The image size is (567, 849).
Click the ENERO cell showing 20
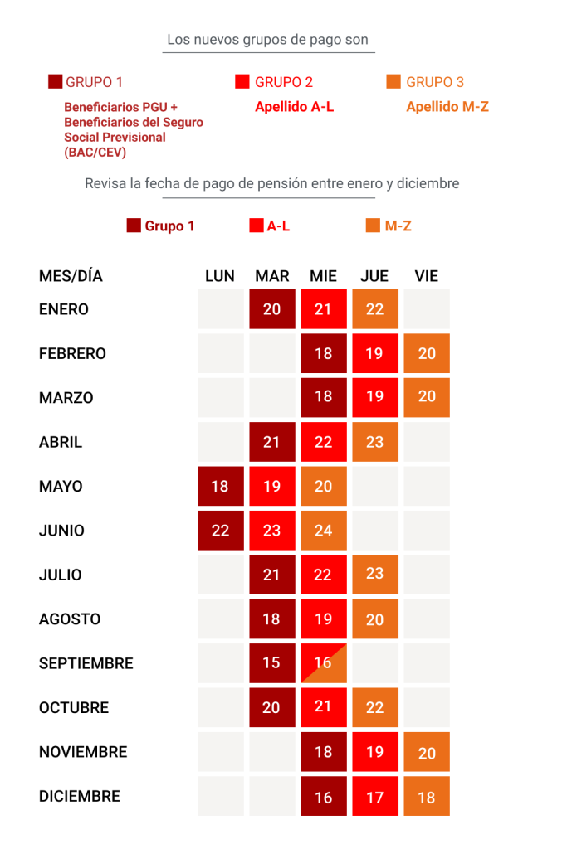tap(272, 309)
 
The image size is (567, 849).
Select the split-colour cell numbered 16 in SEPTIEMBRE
tap(324, 663)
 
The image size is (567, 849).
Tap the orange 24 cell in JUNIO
tap(324, 531)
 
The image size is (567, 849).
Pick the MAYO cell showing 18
tap(220, 486)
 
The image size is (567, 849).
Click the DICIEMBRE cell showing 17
tap(374, 797)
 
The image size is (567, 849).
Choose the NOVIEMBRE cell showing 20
tap(427, 752)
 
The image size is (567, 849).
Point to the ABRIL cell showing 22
tap(324, 442)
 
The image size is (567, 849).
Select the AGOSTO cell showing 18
tap(272, 619)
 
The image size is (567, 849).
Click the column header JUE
tap(374, 276)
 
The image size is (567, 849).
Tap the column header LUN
tap(220, 276)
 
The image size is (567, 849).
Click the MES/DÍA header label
tap(71, 276)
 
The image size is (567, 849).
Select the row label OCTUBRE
tap(74, 708)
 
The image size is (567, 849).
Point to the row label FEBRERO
tap(72, 353)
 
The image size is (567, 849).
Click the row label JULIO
tap(60, 575)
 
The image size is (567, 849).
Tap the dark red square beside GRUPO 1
tap(56, 81)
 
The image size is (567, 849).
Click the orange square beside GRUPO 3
tap(393, 81)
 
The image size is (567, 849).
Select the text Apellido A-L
tap(294, 107)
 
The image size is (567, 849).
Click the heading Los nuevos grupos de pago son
tap(267, 40)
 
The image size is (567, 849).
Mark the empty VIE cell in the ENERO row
tap(427, 309)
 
